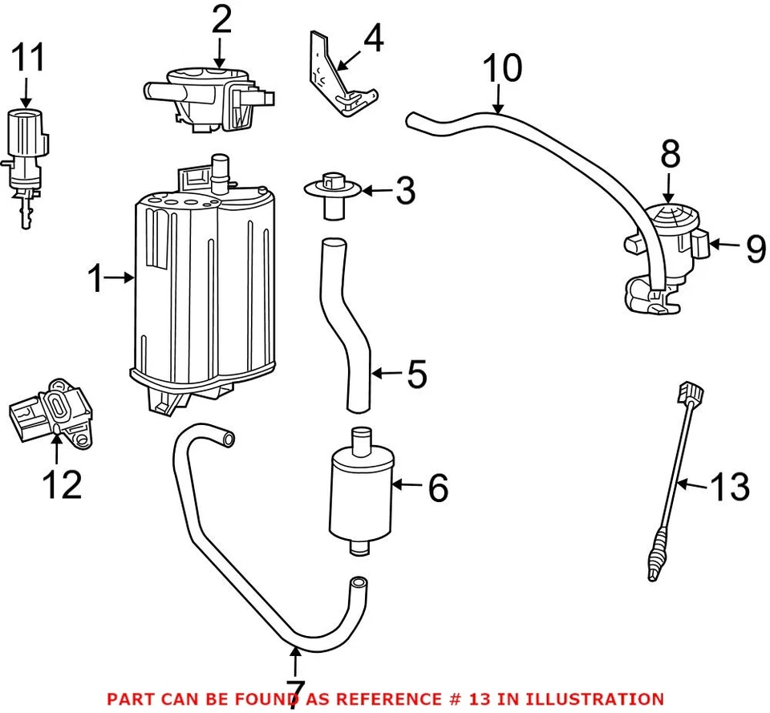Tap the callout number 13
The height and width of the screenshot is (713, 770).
tap(731, 487)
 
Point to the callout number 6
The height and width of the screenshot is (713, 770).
tap(437, 488)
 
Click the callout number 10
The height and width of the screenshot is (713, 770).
tap(502, 71)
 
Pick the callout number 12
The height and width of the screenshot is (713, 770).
tap(62, 484)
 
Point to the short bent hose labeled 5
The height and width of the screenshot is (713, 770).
tap(345, 321)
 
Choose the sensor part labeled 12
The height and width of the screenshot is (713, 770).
tap(52, 411)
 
